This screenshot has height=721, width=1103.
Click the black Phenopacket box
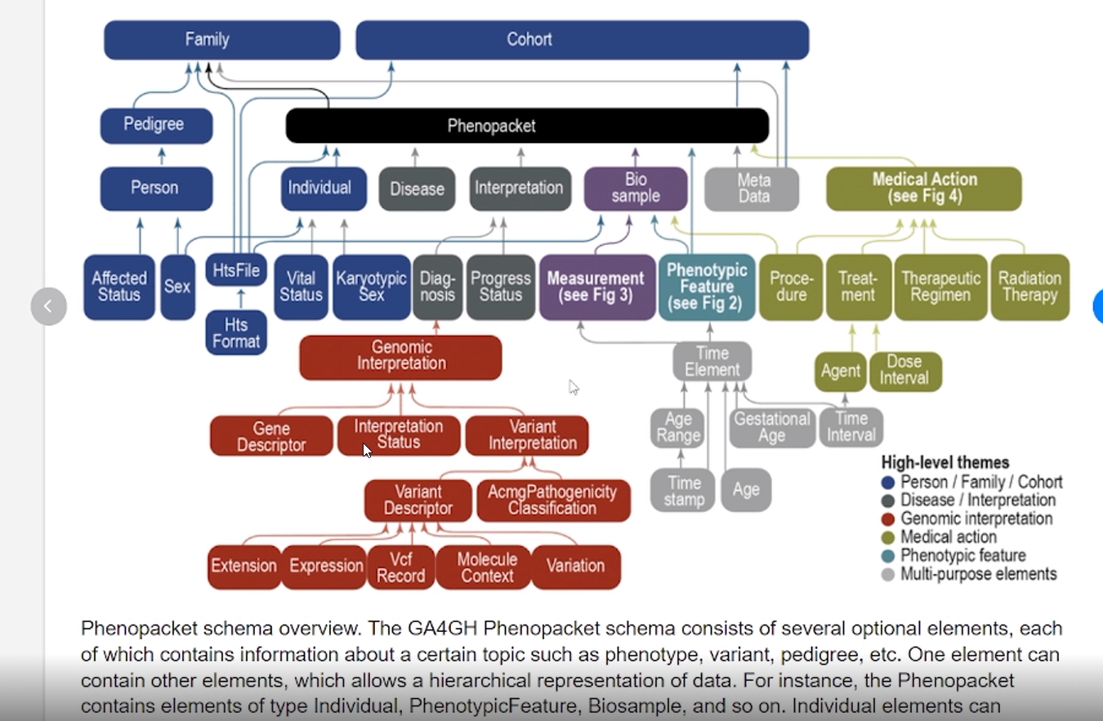click(527, 126)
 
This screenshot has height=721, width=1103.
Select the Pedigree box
click(156, 125)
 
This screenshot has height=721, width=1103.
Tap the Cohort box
click(582, 39)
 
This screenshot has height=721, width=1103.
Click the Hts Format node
click(236, 332)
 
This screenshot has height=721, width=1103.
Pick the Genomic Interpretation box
click(400, 357)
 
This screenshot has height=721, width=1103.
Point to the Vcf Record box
click(400, 567)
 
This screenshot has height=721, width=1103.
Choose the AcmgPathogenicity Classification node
click(553, 500)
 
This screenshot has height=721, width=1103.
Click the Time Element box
click(712, 362)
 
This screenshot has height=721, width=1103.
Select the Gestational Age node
click(771, 427)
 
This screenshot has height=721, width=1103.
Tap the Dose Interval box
click(904, 371)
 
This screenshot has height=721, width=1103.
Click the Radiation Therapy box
click(1029, 287)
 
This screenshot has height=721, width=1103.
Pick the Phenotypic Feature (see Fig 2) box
click(707, 287)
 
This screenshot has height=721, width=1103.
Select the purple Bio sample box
click(636, 188)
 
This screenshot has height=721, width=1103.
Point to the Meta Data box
click(752, 188)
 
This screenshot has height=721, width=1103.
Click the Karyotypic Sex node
click(371, 287)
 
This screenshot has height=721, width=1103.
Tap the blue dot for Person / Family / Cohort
click(888, 482)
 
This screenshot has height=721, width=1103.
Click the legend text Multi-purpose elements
click(978, 574)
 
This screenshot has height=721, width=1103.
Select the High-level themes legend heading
click(945, 462)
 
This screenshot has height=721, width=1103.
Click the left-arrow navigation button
click(48, 306)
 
